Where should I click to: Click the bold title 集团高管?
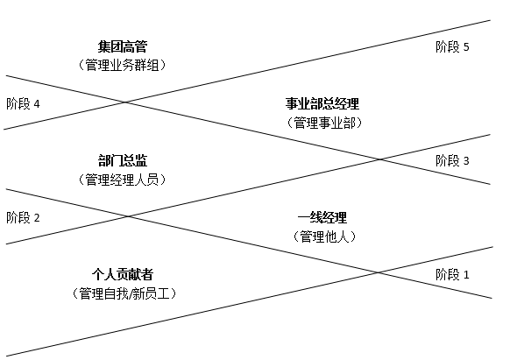pos(123,46)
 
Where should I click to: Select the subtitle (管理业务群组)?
pos(123,65)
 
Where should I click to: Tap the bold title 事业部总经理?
pos(322,104)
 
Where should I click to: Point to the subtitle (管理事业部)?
pos(324,123)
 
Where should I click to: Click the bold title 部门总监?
pos(123,160)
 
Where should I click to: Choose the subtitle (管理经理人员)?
pos(123,180)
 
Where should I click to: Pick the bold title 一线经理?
pos(322,217)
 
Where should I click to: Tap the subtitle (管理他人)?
pos(324,236)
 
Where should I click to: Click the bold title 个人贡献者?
pos(123,274)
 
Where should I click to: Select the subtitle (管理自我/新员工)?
pos(124,293)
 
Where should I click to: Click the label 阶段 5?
pos(452,46)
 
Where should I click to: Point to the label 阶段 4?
pos(23,104)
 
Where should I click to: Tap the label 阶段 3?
pos(452,161)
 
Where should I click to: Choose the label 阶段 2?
pos(23,217)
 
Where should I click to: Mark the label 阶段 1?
pos(452,274)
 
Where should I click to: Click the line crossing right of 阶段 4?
pos(125,102)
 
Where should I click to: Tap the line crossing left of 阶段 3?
pos(380,159)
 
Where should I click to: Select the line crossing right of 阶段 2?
pos(128,216)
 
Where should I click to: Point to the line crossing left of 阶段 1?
pos(378,272)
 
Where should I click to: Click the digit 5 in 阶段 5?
pos(466,47)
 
